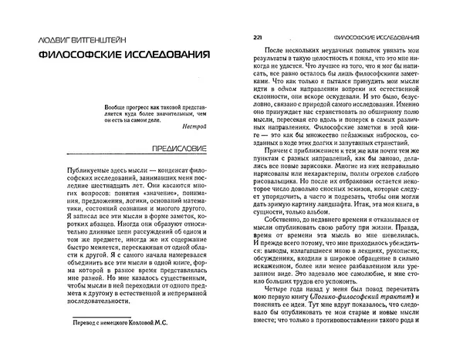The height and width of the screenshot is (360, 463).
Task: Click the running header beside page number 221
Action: click(376, 38)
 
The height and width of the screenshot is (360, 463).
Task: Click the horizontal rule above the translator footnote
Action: click(88, 312)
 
